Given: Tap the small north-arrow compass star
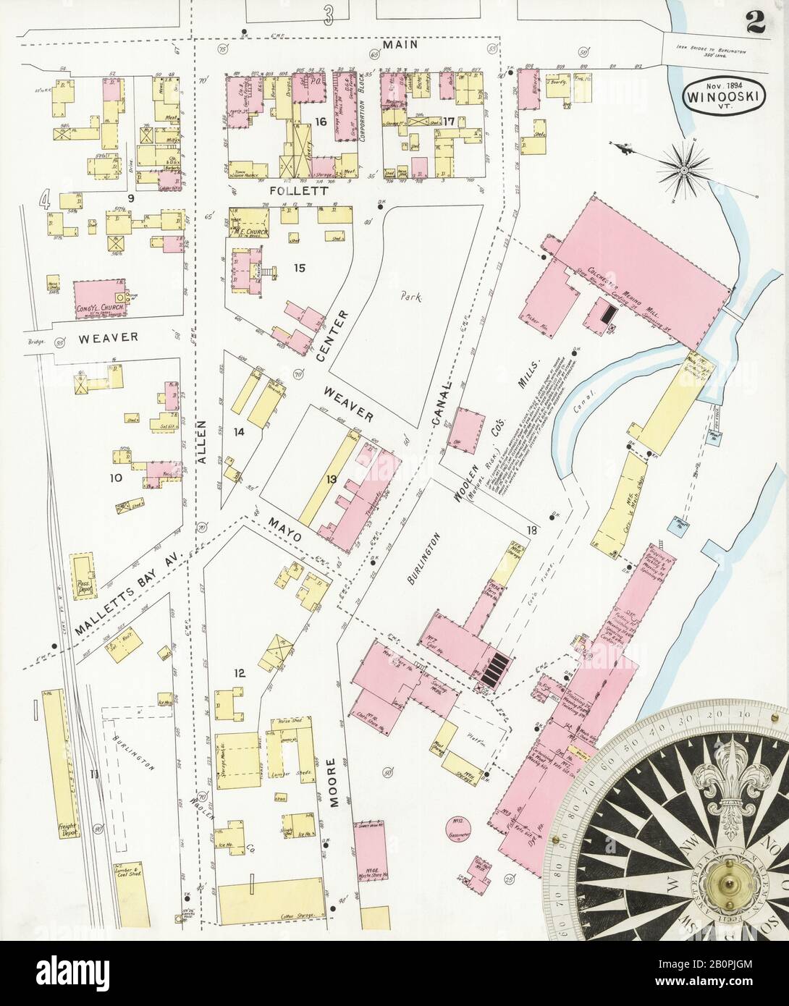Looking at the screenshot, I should tap(683, 169).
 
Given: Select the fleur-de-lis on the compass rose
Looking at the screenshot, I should tap(727, 791).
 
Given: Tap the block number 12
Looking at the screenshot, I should tap(240, 673).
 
